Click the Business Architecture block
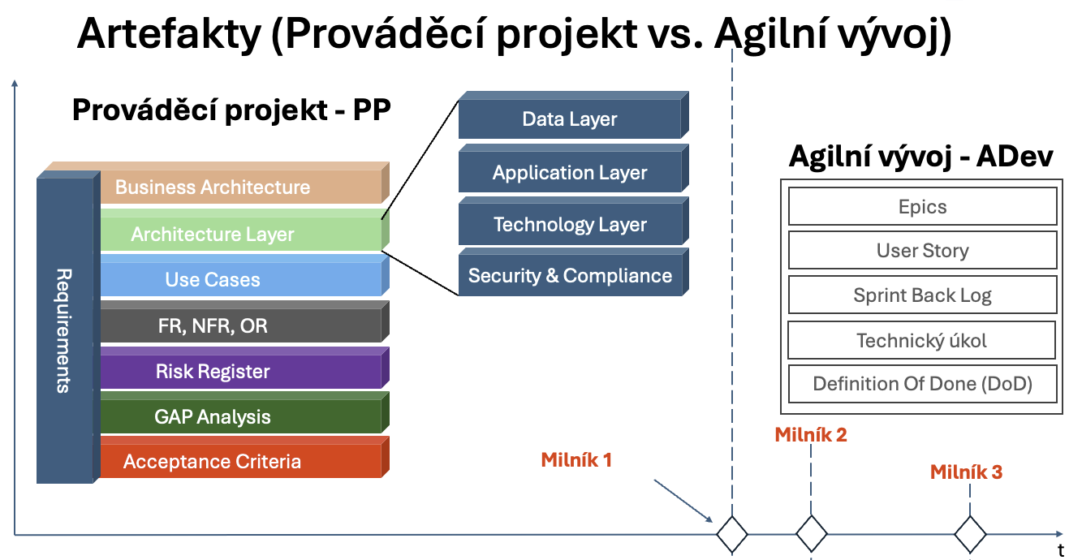coord(240,187)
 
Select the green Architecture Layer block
coord(240,235)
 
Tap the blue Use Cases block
coord(240,280)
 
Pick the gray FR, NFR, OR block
coord(240,326)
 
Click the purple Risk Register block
coord(240,372)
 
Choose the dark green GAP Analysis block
coord(240,417)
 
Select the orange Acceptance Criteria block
coord(240,462)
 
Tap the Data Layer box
coord(569,120)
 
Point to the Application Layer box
coord(569,173)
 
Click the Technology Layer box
coord(569,225)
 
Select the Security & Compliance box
coord(569,276)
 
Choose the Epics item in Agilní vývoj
coord(922,207)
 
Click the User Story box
coord(922,251)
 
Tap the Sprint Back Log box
coord(922,295)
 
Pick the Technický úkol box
coord(922,340)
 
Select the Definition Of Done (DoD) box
coord(922,384)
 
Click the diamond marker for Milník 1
coord(731,533)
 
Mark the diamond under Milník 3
coord(970,534)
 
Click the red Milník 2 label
coord(810,435)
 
